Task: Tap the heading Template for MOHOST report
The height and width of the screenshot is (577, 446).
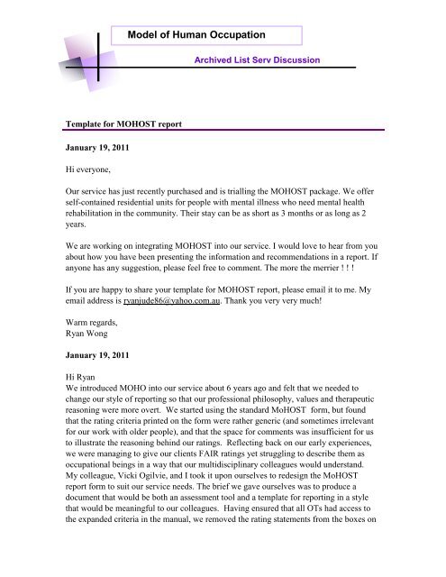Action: (x=132, y=118)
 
